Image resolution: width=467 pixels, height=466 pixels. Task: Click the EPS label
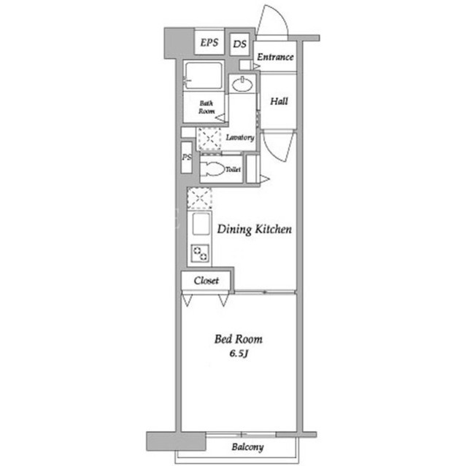[x=209, y=42]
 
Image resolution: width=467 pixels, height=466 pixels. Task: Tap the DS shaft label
[x=240, y=44]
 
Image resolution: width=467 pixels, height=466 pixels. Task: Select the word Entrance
[x=275, y=57]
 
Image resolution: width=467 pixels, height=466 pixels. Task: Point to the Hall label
[x=279, y=101]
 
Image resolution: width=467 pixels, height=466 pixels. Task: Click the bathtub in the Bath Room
[x=204, y=75]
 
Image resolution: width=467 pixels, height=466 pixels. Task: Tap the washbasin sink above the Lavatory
[x=243, y=85]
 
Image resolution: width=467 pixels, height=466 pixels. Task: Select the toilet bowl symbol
[x=212, y=169]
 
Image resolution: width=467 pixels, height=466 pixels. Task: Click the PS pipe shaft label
[x=187, y=157]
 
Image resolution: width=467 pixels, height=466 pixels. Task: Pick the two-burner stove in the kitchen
[x=200, y=253]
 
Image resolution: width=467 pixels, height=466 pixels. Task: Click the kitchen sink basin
[x=201, y=224]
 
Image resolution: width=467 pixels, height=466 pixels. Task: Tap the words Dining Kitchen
[x=255, y=230]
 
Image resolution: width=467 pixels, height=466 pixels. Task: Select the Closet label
[x=206, y=280]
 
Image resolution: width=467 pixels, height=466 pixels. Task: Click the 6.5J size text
[x=239, y=354]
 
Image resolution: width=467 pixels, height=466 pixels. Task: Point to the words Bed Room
[x=239, y=339]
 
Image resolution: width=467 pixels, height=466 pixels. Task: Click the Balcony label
[x=247, y=447]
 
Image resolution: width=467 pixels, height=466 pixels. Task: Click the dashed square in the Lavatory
[x=209, y=139]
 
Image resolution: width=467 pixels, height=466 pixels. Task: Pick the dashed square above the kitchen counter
[x=199, y=198]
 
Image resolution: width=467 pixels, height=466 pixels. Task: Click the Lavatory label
[x=240, y=138]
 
